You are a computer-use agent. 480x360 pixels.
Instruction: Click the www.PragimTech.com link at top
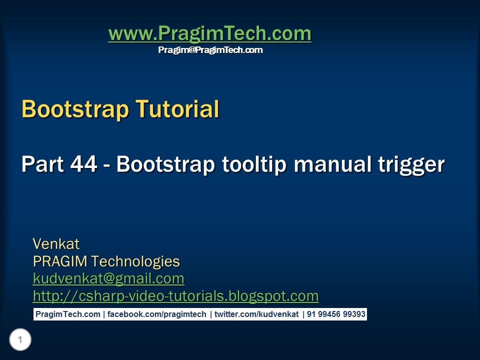point(209,34)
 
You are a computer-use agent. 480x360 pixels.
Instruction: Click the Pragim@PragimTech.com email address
point(210,50)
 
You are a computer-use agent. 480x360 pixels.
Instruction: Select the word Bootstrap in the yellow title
point(74,109)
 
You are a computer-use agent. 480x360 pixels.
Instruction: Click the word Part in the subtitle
point(40,164)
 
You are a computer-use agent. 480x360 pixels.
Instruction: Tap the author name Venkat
point(56,244)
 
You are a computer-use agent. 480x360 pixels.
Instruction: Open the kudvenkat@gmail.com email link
point(108,278)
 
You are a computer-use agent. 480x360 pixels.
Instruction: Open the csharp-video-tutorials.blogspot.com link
point(175,296)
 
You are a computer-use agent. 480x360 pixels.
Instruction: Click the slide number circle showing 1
point(20,340)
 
